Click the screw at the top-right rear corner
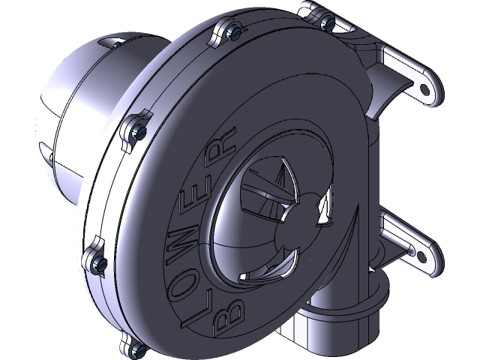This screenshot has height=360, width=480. [328, 24]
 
